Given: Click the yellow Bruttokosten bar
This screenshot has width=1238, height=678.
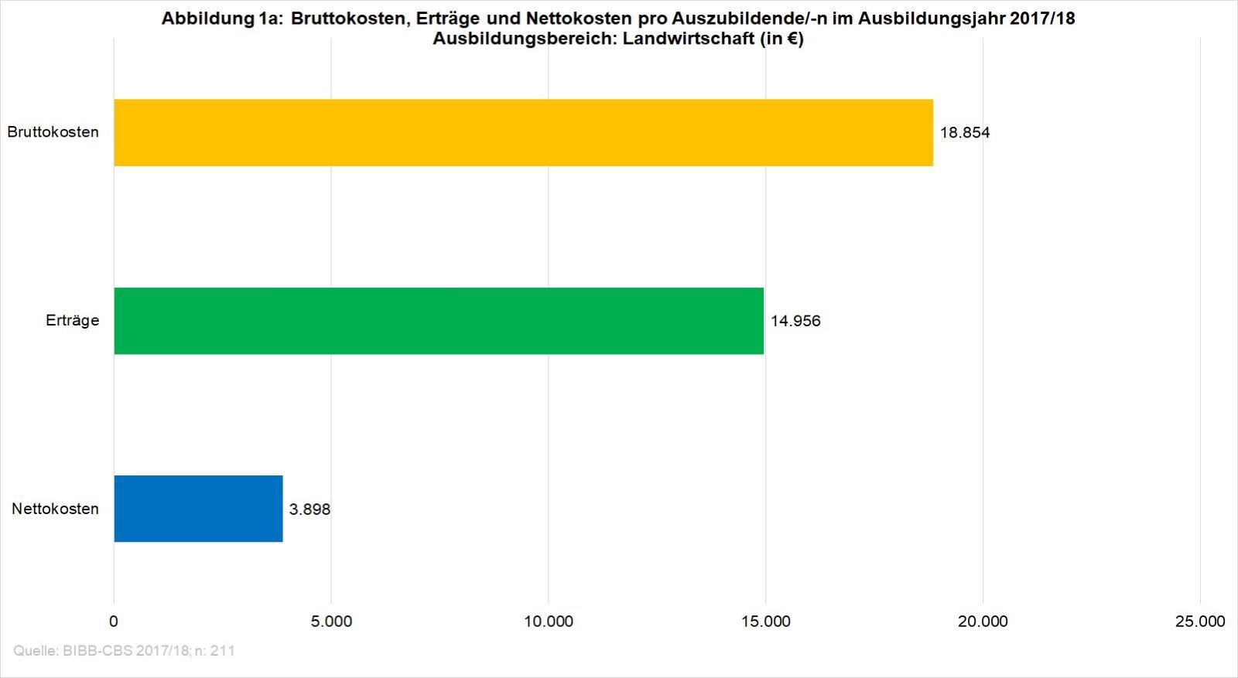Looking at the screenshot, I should tap(523, 132).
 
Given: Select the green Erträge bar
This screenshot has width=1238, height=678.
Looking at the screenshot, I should tap(439, 321).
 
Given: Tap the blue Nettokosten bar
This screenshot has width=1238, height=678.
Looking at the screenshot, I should tap(198, 509).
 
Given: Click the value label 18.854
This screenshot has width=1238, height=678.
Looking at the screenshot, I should tap(964, 133).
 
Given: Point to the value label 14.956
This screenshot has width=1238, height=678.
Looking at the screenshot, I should tap(795, 321).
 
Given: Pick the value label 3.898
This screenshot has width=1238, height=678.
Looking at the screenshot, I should tap(309, 509).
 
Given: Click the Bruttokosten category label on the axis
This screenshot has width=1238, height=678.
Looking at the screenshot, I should tap(53, 132).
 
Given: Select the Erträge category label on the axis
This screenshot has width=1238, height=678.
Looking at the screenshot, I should tap(72, 321).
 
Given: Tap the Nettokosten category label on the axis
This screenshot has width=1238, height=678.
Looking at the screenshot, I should tap(55, 509).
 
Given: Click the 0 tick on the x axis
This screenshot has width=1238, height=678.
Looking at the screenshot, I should tap(114, 622).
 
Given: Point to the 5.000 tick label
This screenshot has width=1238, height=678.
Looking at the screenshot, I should tap(331, 622).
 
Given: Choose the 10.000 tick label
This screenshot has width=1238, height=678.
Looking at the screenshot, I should tap(549, 622).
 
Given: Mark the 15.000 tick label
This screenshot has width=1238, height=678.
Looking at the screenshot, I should tap(765, 622).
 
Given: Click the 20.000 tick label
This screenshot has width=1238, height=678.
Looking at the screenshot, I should tap(983, 622).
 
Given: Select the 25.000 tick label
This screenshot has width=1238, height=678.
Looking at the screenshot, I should tap(1200, 622).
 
